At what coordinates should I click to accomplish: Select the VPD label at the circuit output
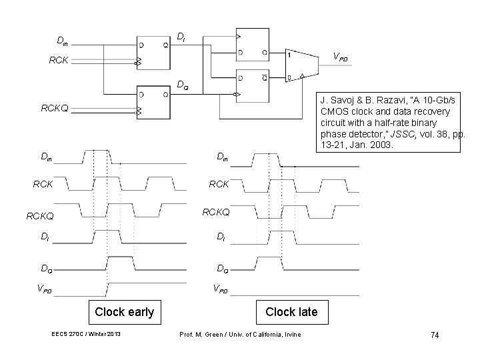tap(340, 58)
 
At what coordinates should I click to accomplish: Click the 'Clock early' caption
tap(124, 311)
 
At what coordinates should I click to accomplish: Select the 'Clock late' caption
tap(291, 311)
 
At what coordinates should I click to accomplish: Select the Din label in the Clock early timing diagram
tap(46, 157)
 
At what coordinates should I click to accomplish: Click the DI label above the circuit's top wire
tap(181, 37)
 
